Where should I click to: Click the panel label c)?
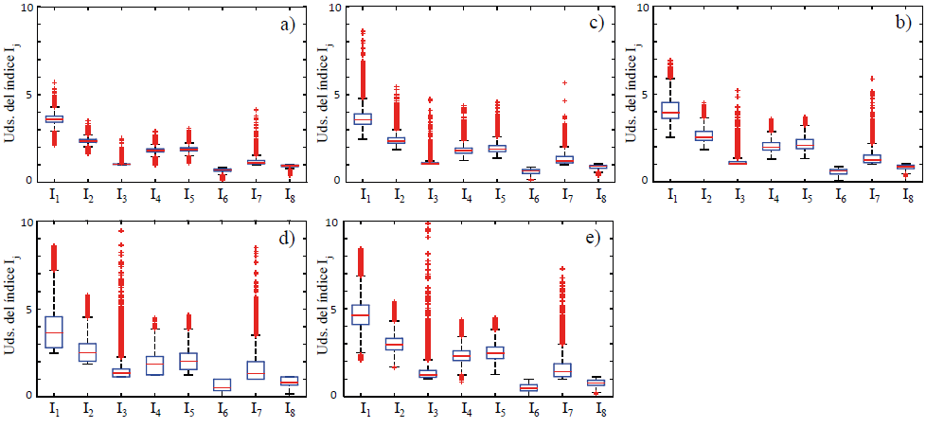click(597, 26)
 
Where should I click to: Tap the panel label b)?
click(904, 26)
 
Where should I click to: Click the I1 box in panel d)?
click(54, 331)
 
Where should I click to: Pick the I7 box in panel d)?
click(255, 370)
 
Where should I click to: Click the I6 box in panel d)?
click(222, 384)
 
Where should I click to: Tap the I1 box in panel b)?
click(670, 110)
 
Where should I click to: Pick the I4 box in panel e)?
click(461, 355)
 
